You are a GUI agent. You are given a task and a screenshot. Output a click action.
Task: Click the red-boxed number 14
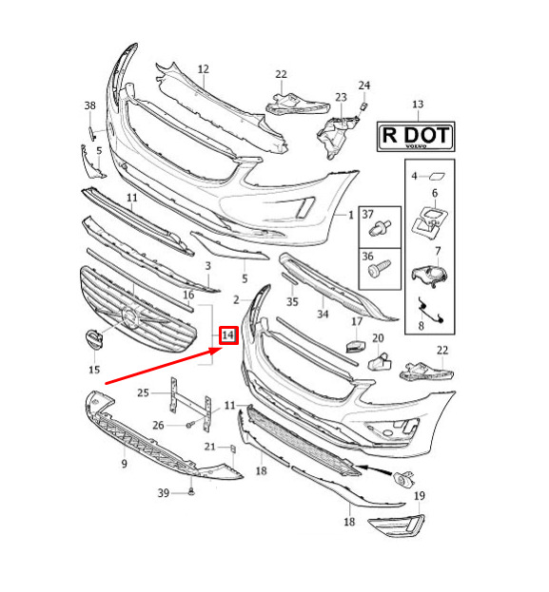point(228,335)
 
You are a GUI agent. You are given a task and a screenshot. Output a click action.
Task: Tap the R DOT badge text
point(416,135)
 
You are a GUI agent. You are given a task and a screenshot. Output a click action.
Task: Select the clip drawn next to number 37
point(380,228)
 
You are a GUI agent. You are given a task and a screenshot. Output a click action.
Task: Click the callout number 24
point(364,86)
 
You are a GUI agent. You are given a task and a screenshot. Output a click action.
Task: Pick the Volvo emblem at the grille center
point(130,317)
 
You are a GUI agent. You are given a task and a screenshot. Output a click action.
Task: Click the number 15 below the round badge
point(94,369)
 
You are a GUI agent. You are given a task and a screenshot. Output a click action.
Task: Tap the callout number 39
point(164,493)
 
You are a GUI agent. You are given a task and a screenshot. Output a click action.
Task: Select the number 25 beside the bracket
point(143,393)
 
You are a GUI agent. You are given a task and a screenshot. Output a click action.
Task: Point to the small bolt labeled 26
point(189,425)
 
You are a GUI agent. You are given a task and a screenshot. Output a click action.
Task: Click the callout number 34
point(323,314)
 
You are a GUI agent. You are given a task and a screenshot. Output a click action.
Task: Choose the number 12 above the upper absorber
point(204,69)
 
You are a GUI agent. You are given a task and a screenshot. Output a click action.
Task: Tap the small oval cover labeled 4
point(437,176)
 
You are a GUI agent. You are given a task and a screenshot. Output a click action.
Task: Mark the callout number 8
point(421,325)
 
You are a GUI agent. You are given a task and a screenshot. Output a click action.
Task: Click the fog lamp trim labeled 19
point(397,525)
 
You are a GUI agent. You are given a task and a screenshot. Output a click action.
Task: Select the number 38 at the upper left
point(90,105)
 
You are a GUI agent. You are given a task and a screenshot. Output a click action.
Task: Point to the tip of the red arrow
point(223,350)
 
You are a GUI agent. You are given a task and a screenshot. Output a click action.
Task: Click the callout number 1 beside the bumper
point(351,215)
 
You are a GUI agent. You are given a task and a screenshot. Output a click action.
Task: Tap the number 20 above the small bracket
point(378,338)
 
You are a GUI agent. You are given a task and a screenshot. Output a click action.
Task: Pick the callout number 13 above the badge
point(418,105)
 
